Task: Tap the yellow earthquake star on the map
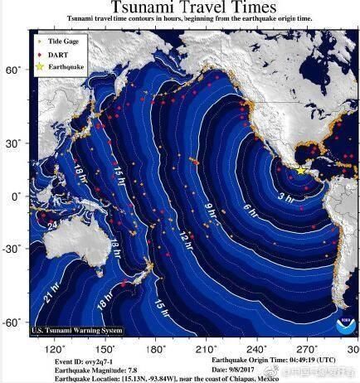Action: point(300,170)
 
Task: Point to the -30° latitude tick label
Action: point(12,248)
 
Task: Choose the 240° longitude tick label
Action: point(256,350)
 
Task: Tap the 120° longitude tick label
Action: point(56,350)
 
